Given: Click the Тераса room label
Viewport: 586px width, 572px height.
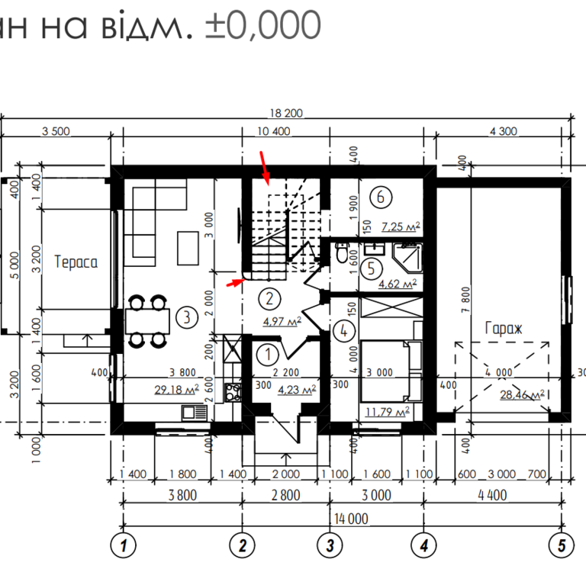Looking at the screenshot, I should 76,262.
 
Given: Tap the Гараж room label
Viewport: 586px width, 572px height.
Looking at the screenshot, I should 503,328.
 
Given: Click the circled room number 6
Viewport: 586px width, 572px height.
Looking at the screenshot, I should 381,196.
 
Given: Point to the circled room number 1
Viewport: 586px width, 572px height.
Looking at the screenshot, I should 268,354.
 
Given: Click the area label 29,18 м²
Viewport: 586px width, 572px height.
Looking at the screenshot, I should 176,390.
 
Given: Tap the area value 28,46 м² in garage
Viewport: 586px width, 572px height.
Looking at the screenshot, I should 522,395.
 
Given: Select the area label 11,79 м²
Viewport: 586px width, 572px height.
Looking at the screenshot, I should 387,413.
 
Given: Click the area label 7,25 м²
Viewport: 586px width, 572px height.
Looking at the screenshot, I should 401,227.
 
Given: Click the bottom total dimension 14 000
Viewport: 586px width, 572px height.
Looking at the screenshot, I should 350,519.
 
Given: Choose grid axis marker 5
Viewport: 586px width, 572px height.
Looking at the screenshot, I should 561,545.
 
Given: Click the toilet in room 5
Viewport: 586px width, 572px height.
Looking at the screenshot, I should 342,254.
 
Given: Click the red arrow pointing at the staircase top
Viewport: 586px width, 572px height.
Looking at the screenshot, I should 264,167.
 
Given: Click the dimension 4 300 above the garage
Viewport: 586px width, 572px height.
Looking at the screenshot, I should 502,131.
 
